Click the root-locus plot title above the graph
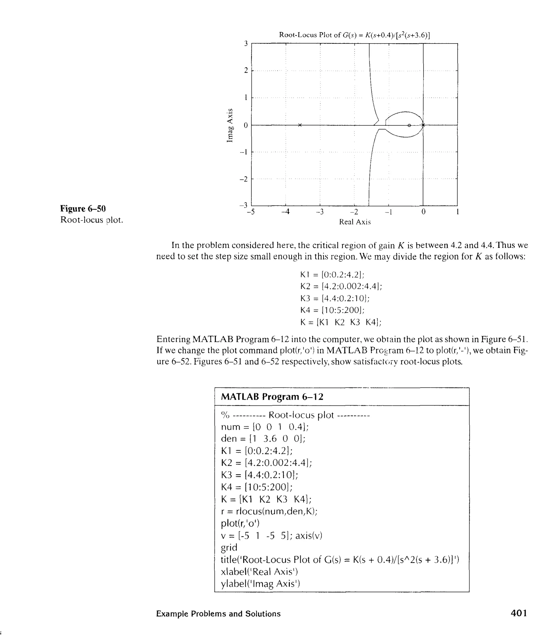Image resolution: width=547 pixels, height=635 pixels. (x=354, y=35)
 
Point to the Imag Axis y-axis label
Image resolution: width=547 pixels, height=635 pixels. (x=229, y=125)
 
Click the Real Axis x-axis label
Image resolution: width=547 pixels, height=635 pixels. (x=354, y=222)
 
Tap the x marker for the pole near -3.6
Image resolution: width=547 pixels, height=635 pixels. (x=300, y=125)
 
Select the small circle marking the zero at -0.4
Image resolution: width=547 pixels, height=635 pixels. (x=409, y=125)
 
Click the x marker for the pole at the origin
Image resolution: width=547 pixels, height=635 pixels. (x=423, y=125)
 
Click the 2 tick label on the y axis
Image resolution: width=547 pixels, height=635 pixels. (x=246, y=71)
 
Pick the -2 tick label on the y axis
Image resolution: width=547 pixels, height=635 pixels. (x=244, y=179)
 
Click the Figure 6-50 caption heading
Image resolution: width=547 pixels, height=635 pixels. (x=83, y=209)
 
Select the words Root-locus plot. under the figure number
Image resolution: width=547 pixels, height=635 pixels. (x=92, y=220)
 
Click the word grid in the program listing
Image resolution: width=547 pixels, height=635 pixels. (x=229, y=547)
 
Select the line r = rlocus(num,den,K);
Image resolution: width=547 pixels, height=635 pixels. (x=269, y=511)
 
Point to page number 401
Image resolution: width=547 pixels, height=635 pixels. (x=519, y=613)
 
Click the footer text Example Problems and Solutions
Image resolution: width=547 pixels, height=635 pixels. (x=218, y=614)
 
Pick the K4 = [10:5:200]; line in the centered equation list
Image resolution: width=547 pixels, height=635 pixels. (x=332, y=310)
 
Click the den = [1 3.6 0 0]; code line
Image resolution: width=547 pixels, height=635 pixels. (x=263, y=439)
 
